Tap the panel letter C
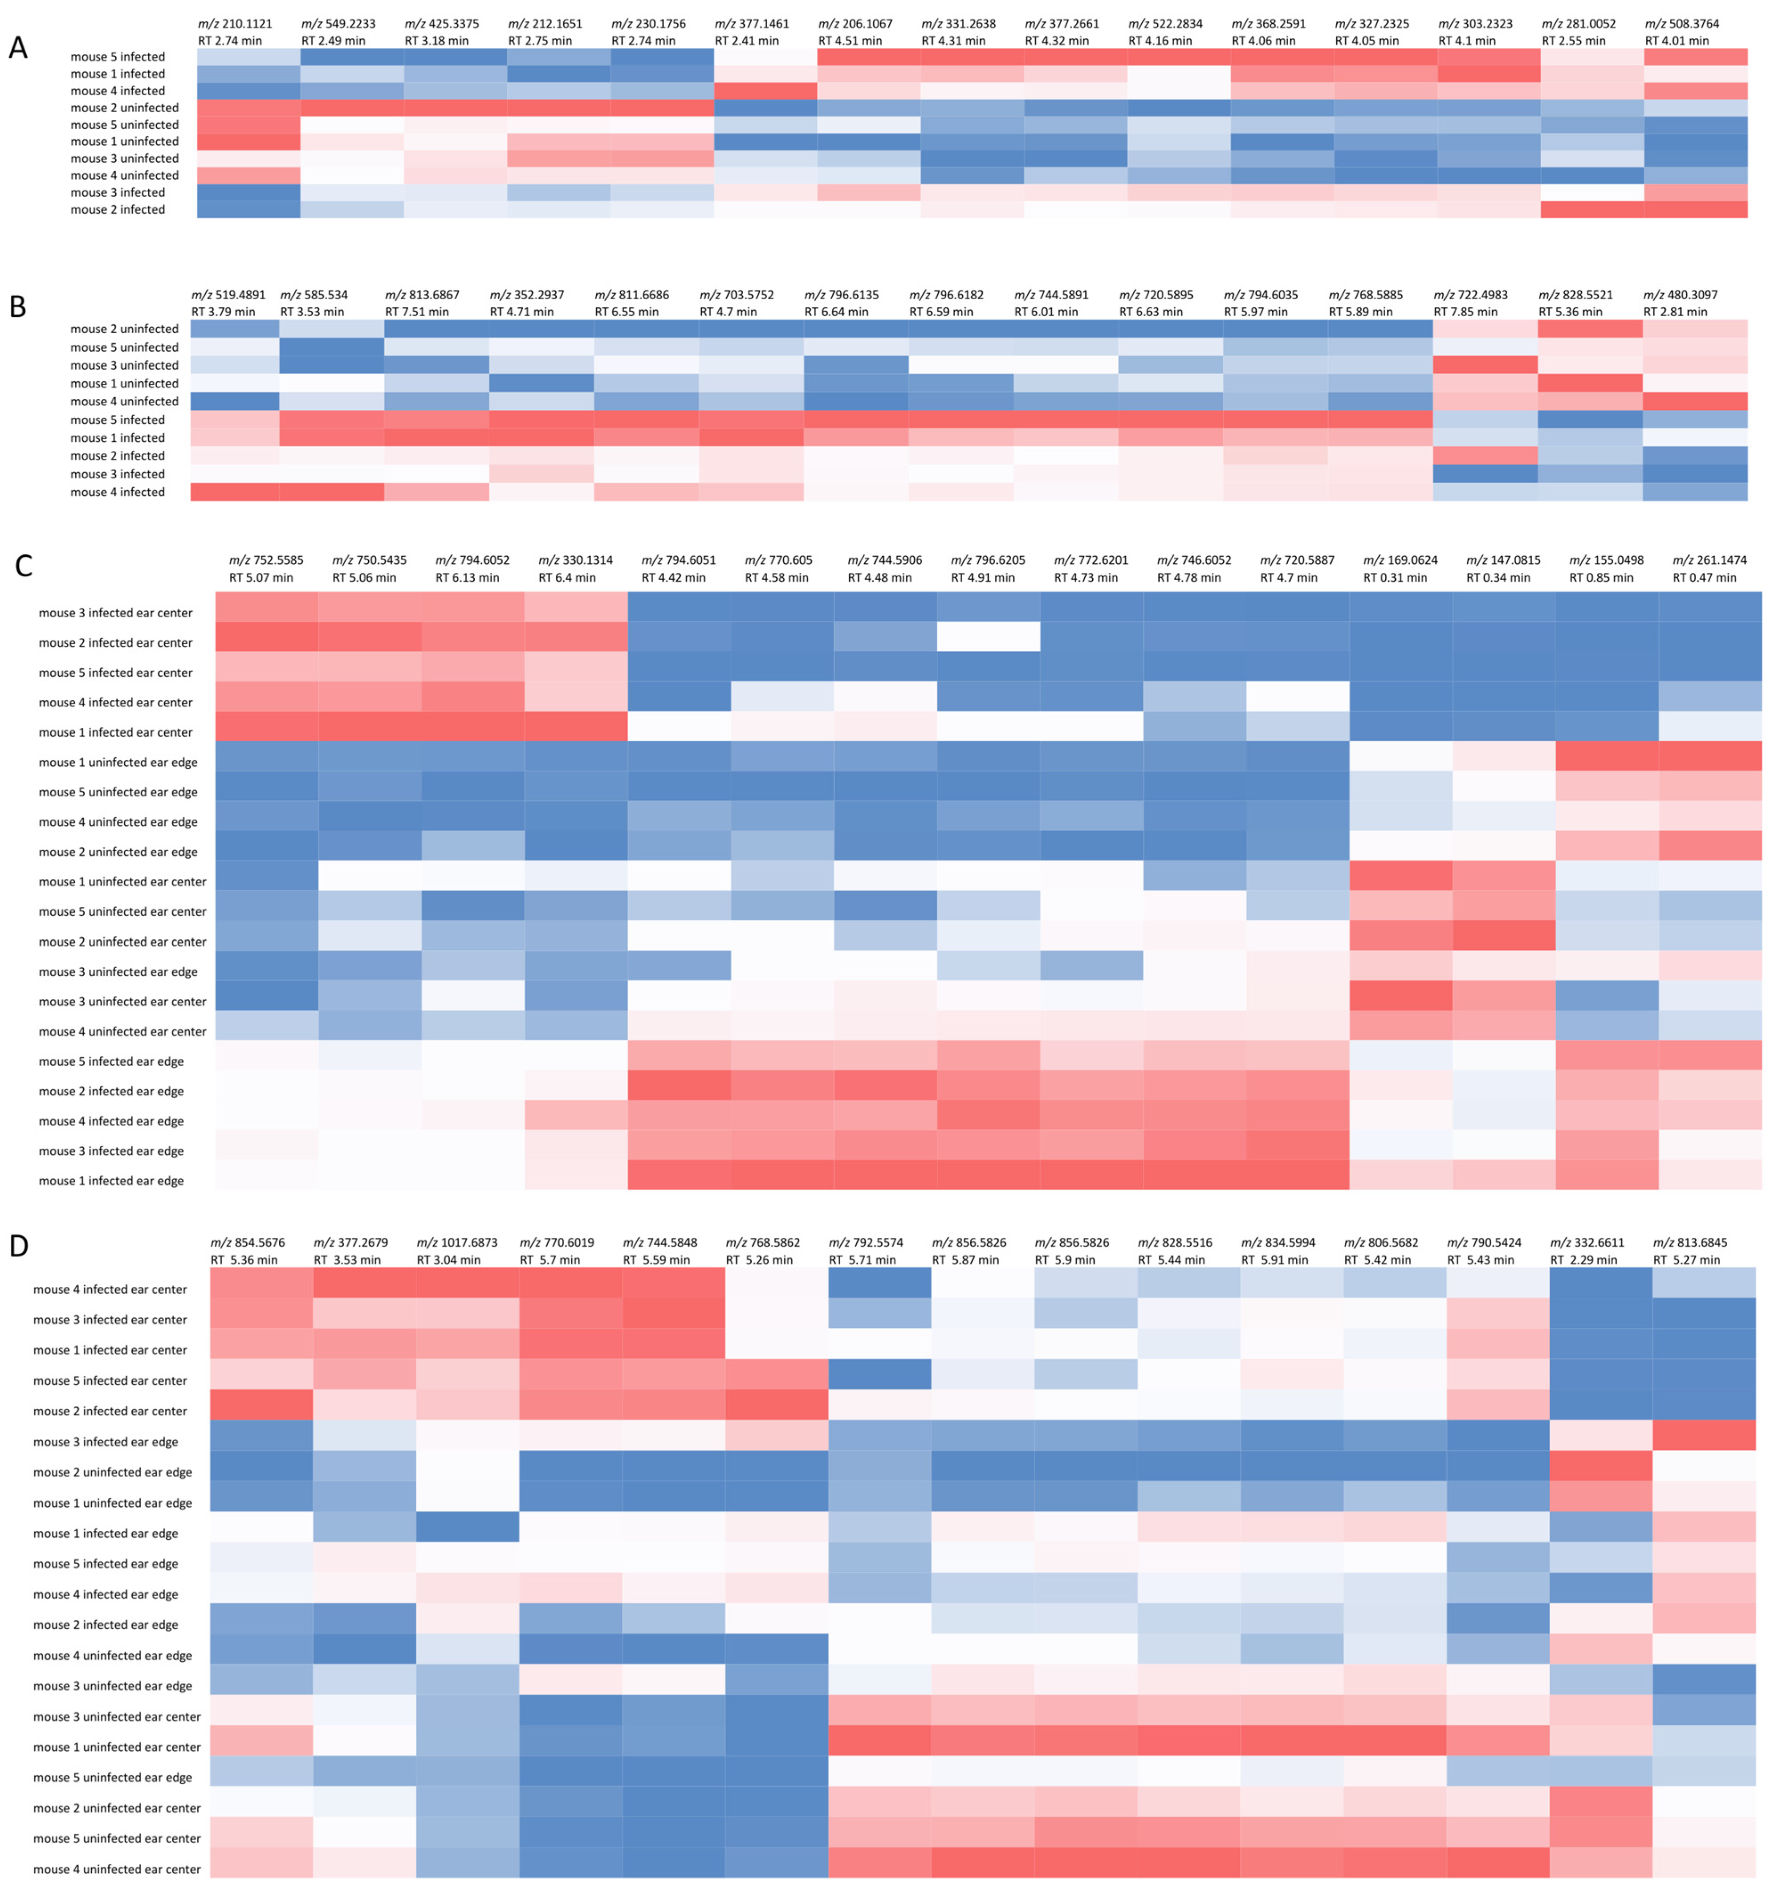24,566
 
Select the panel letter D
19,1246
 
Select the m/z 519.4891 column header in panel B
228,295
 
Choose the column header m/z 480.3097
1680,295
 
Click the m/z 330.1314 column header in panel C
576,561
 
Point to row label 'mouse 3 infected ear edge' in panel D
106,1442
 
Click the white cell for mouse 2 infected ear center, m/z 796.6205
988,637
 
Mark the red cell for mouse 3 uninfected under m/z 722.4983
1485,364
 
